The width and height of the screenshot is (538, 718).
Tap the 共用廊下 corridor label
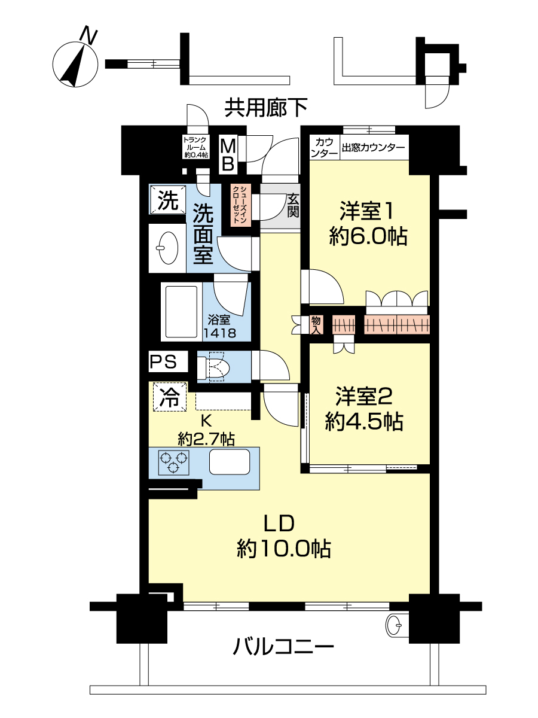click(265, 108)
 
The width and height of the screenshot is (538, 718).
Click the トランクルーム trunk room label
click(195, 147)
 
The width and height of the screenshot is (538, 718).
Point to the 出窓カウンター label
click(374, 148)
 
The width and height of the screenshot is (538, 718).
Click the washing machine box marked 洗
click(168, 200)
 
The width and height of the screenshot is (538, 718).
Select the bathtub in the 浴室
click(181, 311)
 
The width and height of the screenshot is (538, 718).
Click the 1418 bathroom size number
click(219, 333)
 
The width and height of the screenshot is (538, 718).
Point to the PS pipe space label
click(163, 362)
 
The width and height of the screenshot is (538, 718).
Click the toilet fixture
click(213, 366)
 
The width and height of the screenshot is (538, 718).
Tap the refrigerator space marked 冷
click(170, 397)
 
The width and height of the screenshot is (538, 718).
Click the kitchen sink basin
click(230, 461)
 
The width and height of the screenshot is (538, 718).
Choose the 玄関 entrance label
click(293, 205)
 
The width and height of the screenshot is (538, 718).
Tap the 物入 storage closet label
click(316, 324)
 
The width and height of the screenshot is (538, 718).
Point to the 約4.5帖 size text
click(364, 421)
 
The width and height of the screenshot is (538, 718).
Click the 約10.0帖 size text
click(283, 548)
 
